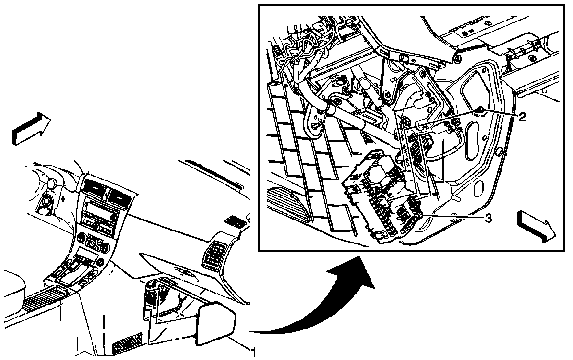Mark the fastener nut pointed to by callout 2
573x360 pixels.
(481, 109)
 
